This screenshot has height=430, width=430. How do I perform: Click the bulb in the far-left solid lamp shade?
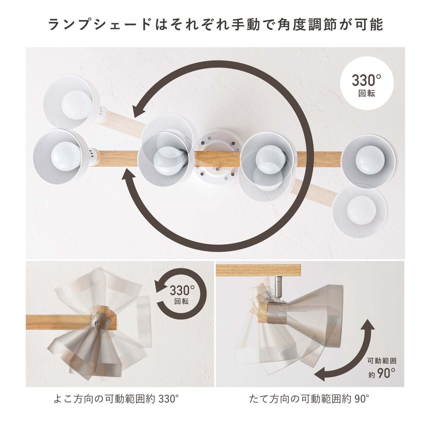click(x=66, y=157)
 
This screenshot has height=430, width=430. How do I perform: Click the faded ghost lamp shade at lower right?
click(x=359, y=211)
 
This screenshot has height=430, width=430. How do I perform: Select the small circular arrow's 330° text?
click(x=182, y=290)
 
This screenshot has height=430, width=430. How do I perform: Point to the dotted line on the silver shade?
click(x=293, y=311)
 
